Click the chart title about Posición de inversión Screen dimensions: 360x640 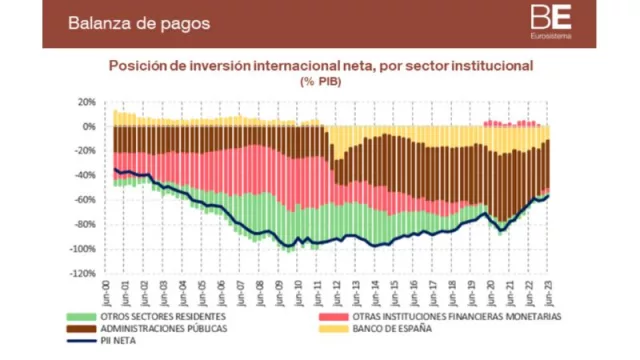click(x=320, y=65)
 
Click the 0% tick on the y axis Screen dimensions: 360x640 click(x=88, y=127)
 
